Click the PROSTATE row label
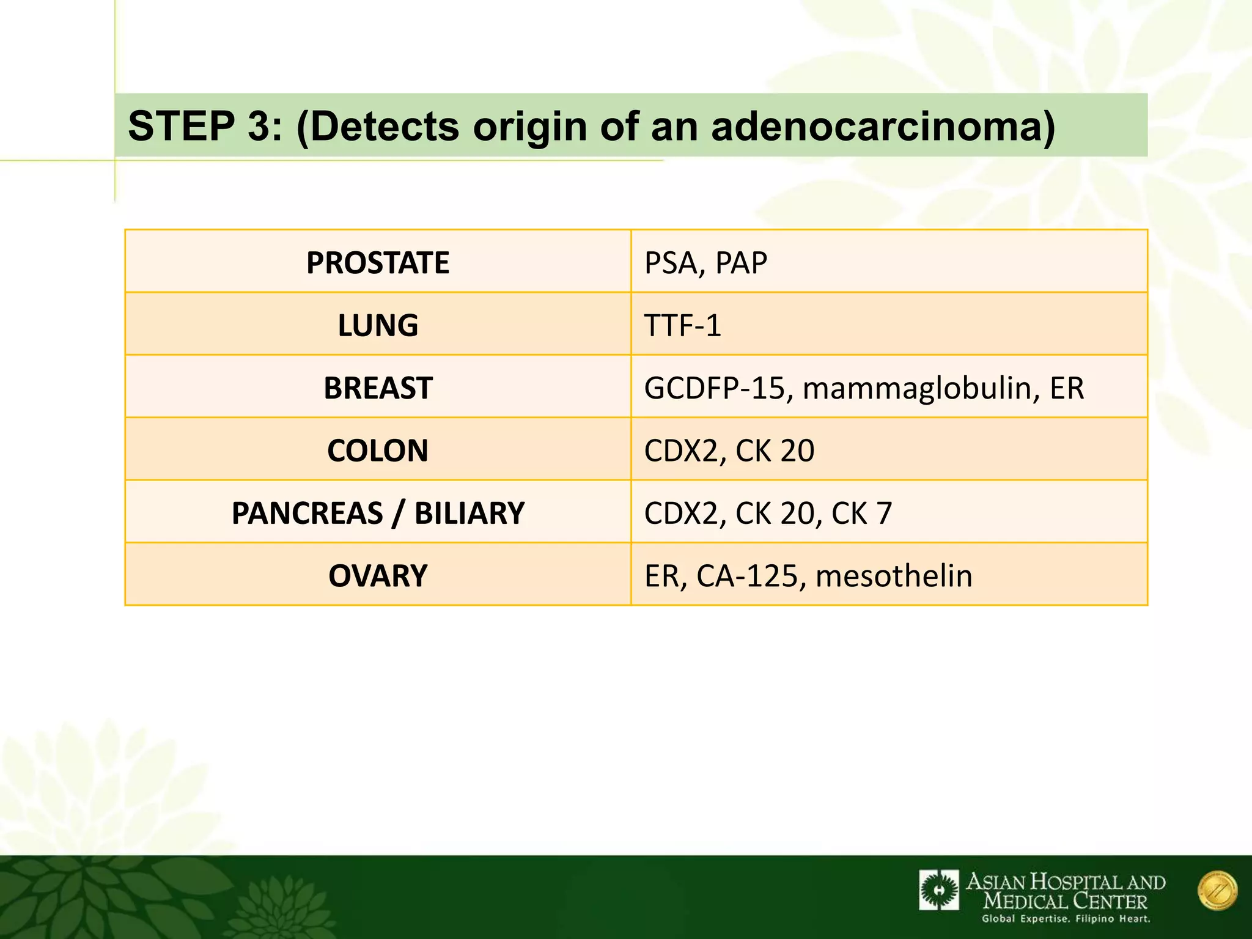(378, 263)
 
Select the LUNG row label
(378, 325)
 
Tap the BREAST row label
(378, 388)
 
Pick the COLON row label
(378, 451)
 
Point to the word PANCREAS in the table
(307, 513)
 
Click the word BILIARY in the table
(469, 513)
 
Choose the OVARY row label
(378, 576)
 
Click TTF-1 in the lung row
(682, 325)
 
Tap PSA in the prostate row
(670, 263)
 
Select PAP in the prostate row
(741, 263)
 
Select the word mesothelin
(894, 576)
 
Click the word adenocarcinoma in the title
(883, 126)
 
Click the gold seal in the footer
(1217, 891)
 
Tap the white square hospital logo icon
(939, 890)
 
